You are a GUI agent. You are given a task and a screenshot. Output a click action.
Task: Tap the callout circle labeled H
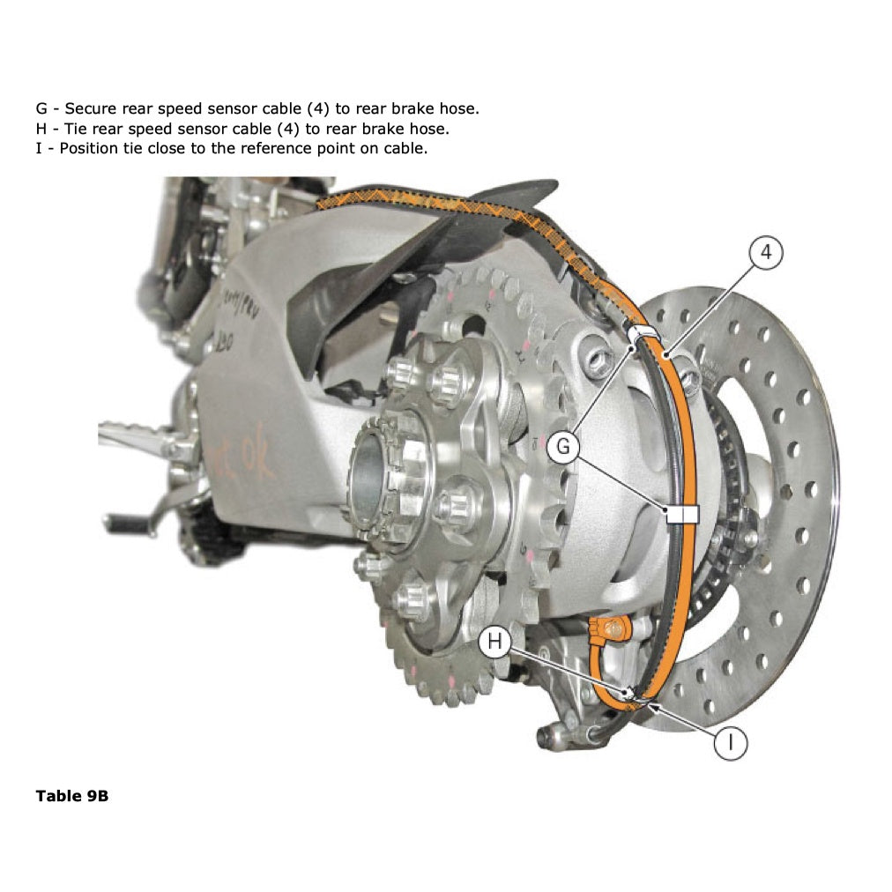tap(494, 643)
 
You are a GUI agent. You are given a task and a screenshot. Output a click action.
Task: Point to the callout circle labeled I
tap(730, 742)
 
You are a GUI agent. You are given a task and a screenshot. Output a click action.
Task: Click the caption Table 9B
tap(72, 796)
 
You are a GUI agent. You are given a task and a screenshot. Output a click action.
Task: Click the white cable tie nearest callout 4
tap(644, 333)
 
